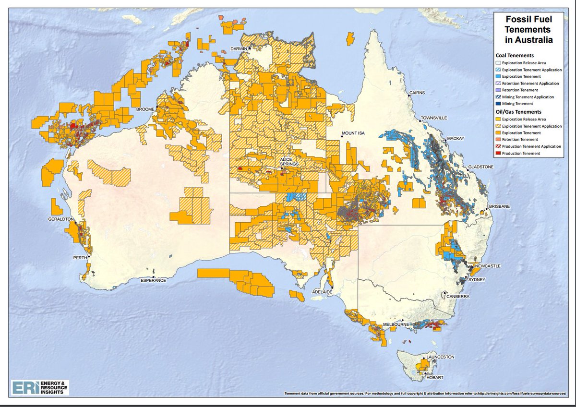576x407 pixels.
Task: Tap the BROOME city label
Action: (x=145, y=109)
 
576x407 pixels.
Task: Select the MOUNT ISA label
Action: (x=354, y=133)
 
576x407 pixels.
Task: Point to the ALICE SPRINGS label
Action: (x=290, y=161)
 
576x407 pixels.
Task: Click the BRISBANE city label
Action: (x=500, y=206)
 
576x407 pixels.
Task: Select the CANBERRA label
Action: (x=457, y=297)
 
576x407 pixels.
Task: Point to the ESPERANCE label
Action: (x=154, y=280)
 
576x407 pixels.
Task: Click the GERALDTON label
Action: (x=60, y=218)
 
